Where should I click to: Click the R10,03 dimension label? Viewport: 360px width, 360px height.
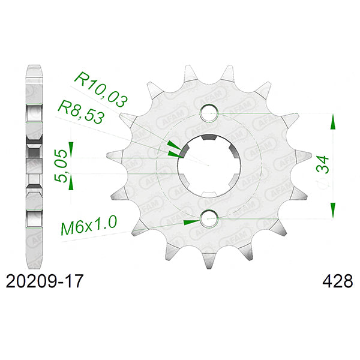(98, 87)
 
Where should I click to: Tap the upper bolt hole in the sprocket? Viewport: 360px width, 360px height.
(209, 112)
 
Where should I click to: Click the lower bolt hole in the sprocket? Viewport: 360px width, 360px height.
(209, 218)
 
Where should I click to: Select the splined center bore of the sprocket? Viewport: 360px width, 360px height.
(208, 166)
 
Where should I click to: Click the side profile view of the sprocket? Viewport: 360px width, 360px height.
(34, 165)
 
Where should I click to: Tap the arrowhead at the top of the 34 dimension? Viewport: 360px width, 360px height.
(331, 123)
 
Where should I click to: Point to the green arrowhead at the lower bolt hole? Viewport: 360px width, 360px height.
(191, 221)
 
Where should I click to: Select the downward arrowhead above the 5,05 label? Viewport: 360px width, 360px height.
(71, 148)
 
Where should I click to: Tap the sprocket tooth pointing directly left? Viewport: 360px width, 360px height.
(112, 155)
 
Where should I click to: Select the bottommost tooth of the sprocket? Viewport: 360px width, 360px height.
(208, 265)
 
